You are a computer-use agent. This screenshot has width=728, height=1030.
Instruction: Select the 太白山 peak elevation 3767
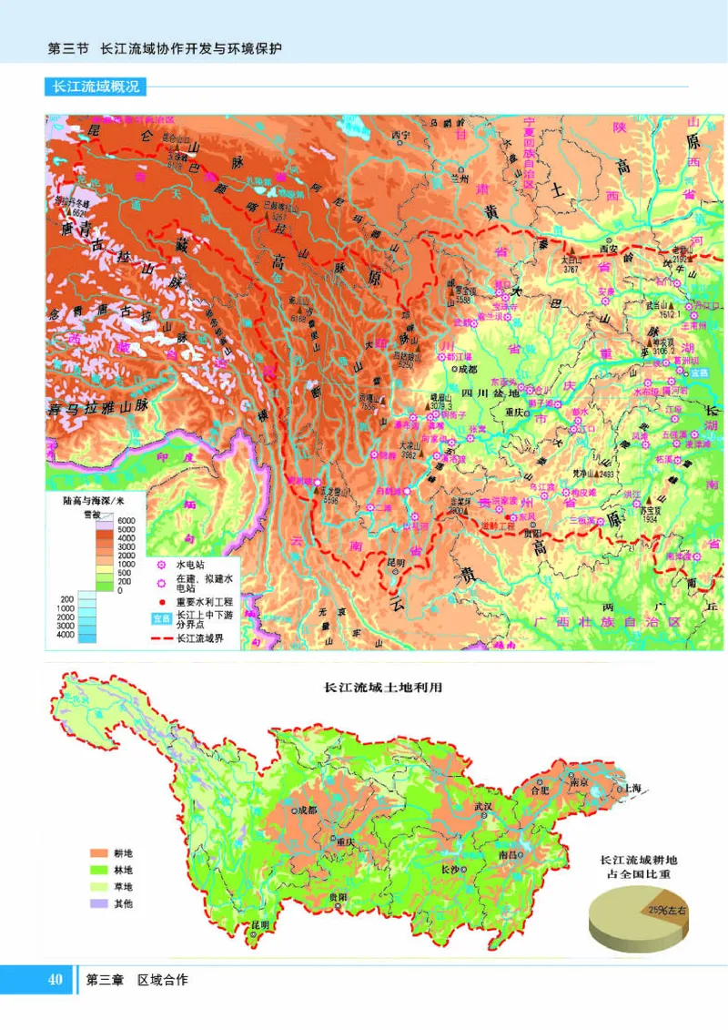click(571, 269)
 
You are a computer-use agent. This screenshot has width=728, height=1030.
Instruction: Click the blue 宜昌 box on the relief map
click(697, 372)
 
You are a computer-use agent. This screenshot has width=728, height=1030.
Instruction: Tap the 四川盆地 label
click(490, 393)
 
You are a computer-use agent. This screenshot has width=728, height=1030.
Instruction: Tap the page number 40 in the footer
click(55, 980)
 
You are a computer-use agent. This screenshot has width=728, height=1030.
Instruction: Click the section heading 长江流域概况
click(95, 87)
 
